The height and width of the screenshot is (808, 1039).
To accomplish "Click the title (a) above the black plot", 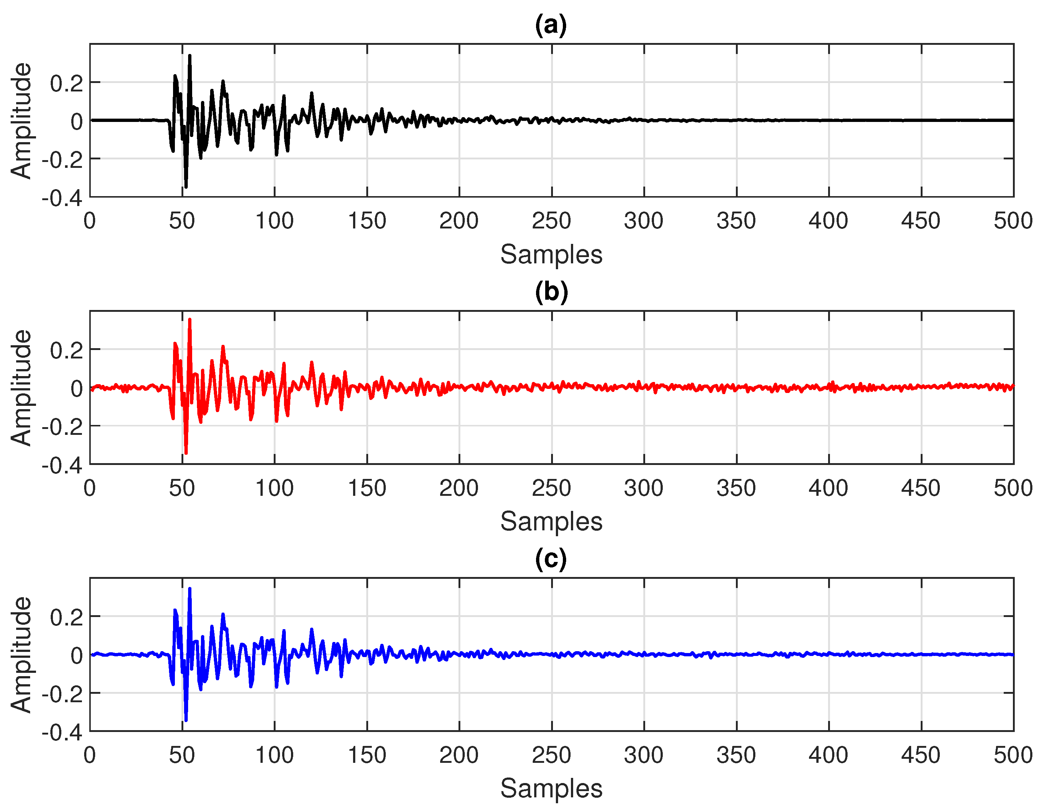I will (551, 25).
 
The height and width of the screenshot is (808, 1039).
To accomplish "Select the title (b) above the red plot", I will (551, 292).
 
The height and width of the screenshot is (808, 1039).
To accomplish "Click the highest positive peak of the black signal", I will (190, 56).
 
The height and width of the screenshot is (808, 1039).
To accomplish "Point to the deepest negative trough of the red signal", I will (186, 453).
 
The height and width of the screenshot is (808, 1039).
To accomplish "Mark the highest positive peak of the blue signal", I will (190, 589).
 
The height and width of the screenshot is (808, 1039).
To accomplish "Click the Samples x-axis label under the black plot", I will (551, 255).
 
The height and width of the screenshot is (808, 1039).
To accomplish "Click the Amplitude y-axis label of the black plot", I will (21, 121).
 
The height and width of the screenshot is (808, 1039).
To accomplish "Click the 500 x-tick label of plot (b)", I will (1012, 488).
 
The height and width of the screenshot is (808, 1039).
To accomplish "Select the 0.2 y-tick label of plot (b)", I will (66, 350).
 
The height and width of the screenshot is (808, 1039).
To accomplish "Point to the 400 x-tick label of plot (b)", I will (828, 488).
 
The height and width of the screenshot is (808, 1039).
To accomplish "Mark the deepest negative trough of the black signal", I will (186, 187).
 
